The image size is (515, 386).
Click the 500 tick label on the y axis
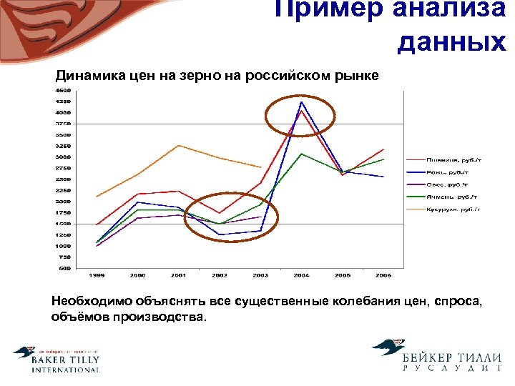click(x=64, y=269)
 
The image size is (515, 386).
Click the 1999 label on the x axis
click(x=97, y=275)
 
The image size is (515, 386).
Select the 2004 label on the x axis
click(x=302, y=275)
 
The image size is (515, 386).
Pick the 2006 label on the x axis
click(x=383, y=275)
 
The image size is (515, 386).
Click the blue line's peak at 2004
click(x=302, y=102)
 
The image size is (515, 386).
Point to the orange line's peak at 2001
click(x=179, y=145)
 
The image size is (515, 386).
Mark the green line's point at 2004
click(x=302, y=154)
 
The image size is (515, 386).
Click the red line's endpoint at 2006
click(x=384, y=149)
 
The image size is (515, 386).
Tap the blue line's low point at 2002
click(x=220, y=234)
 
